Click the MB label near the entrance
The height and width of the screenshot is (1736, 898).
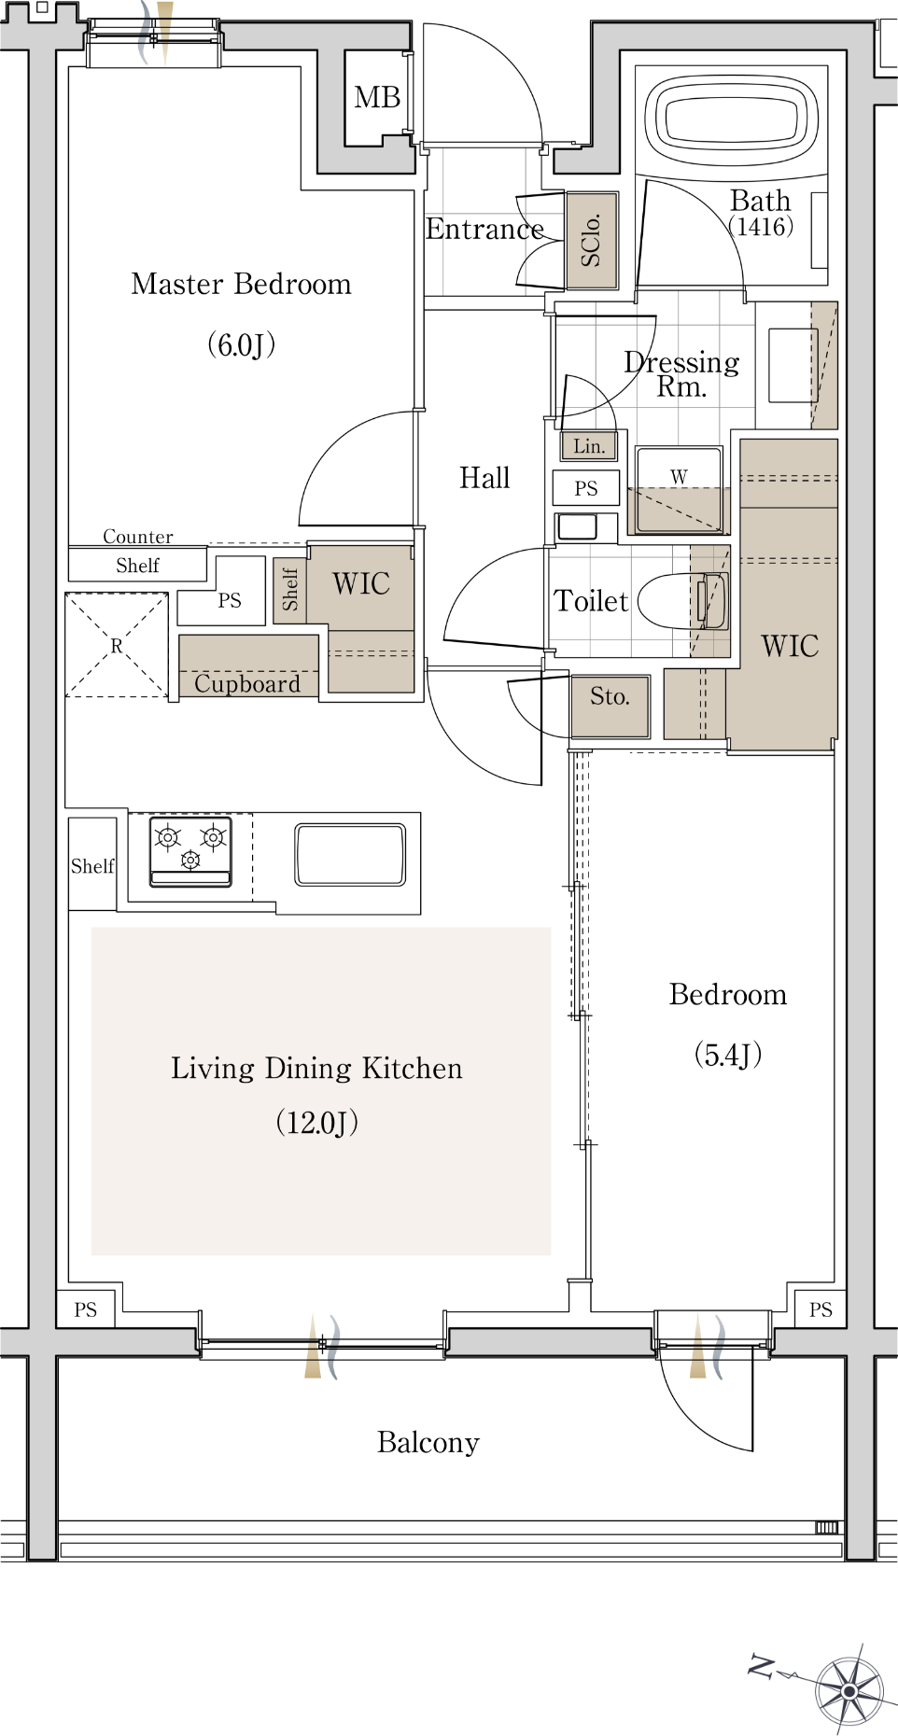point(377,97)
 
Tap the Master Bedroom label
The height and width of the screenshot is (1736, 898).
point(242,284)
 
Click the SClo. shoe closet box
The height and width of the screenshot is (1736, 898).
point(591,240)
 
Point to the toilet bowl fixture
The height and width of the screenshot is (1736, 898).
point(682,601)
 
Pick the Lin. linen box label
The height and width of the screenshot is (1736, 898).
point(589,446)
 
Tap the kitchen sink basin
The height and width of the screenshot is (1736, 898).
point(350,853)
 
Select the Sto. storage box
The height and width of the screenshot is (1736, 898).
point(610,707)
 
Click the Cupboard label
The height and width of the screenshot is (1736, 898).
point(247,683)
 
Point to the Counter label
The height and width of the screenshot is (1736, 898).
point(138,537)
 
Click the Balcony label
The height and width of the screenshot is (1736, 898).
point(428,1443)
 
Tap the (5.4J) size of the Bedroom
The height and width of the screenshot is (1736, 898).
point(728,1055)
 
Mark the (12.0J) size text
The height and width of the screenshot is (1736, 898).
point(317,1122)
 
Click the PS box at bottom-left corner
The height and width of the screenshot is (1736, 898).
point(86,1309)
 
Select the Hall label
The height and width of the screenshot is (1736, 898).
point(484,478)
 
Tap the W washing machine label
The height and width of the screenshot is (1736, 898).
point(679,477)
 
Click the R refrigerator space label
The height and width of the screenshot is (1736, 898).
point(117,646)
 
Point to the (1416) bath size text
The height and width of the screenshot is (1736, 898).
point(761,227)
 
